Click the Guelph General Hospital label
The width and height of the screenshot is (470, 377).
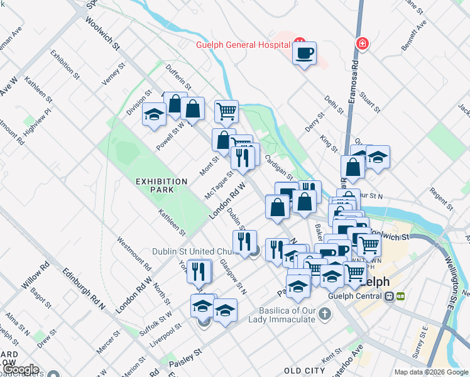242,45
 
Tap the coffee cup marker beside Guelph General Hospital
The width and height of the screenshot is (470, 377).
304,53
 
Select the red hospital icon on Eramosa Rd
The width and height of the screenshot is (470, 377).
363,43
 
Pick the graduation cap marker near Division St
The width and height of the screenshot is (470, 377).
153,115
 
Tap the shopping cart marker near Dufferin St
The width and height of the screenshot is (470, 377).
226,112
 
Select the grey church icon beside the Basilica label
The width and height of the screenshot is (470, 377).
324,312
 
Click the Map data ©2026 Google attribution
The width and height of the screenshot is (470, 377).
430,372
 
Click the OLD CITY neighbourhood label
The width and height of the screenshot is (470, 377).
304,371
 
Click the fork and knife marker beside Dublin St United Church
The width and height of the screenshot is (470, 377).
244,241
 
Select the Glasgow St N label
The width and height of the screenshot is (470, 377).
233,277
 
